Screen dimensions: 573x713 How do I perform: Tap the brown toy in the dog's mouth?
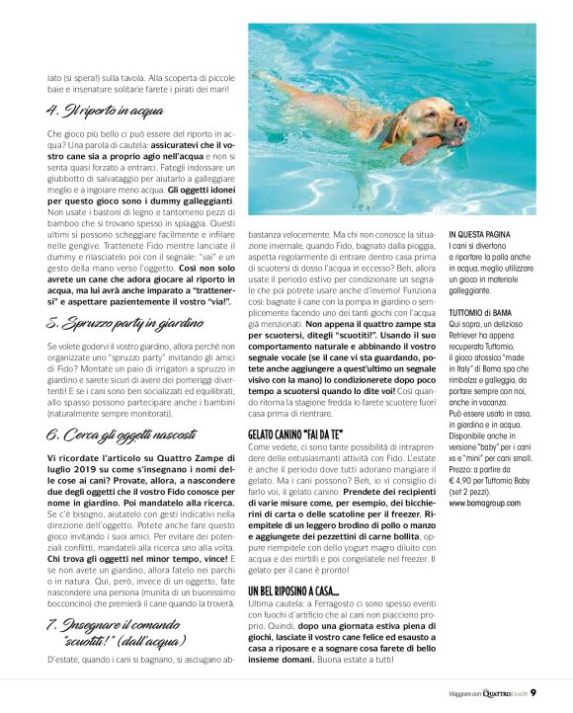click(x=421, y=150)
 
